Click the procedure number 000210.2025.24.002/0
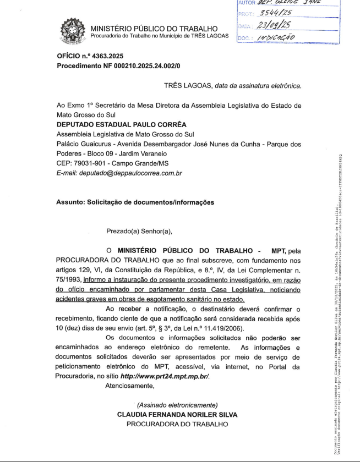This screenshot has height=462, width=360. coord(138,66)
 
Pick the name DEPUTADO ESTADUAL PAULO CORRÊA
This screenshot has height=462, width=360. coord(122,124)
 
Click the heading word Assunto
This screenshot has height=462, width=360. coord(70,202)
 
